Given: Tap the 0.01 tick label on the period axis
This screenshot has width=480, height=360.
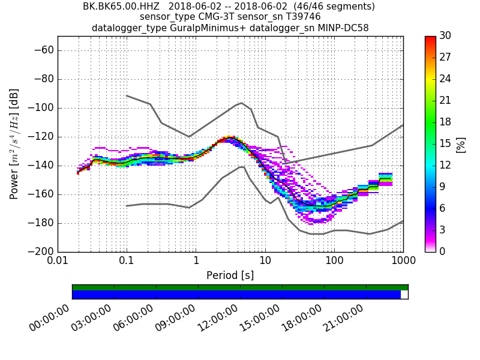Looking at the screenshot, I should pyautogui.click(x=58, y=262).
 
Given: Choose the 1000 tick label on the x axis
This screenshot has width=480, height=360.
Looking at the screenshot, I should pyautogui.click(x=403, y=262).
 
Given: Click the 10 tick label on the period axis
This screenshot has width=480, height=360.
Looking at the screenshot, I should pyautogui.click(x=265, y=262).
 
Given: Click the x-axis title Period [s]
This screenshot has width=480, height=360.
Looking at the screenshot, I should pyautogui.click(x=230, y=275).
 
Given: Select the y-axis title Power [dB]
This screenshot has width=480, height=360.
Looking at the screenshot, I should pyautogui.click(x=14, y=144).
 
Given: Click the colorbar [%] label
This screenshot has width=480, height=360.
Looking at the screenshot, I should pyautogui.click(x=461, y=144).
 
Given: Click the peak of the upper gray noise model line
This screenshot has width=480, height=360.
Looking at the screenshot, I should pyautogui.click(x=241, y=103).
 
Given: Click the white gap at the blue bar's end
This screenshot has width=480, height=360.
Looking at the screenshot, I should pyautogui.click(x=404, y=295).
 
